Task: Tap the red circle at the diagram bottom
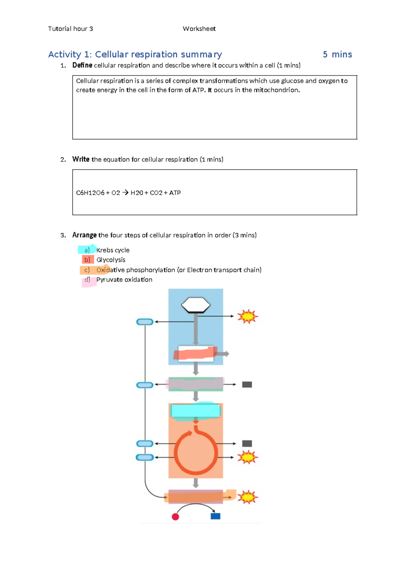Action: [175, 516]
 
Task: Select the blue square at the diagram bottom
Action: [215, 516]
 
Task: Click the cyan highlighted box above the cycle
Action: [196, 411]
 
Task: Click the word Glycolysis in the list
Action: [111, 260]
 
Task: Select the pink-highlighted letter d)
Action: [87, 280]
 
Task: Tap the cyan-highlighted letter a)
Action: [87, 250]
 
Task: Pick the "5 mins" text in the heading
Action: [337, 55]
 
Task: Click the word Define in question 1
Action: [82, 65]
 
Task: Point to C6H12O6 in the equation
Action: [90, 193]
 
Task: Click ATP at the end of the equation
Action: [175, 193]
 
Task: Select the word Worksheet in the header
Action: [199, 29]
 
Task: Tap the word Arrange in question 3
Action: [84, 235]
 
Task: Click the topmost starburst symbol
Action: [248, 316]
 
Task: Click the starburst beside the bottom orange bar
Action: [248, 497]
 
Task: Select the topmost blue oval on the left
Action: [145, 322]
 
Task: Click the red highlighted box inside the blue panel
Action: [196, 353]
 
